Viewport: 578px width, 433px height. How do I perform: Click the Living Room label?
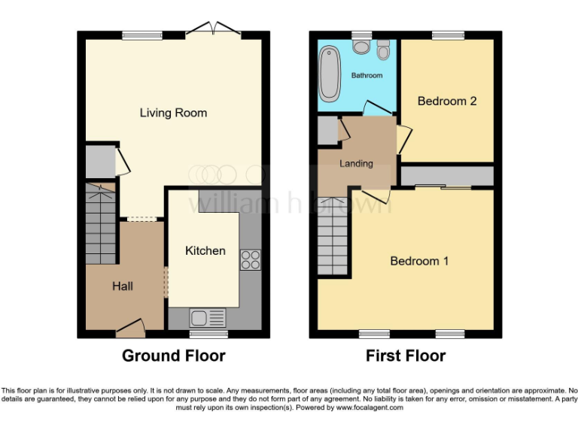click(x=173, y=113)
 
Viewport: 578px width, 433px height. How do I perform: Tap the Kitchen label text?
click(x=205, y=250)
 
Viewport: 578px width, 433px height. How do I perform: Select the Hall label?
click(x=123, y=286)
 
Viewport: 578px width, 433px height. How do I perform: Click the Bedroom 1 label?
click(x=419, y=261)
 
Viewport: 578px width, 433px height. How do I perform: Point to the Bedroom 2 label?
click(x=447, y=101)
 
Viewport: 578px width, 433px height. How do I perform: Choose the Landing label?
click(x=356, y=163)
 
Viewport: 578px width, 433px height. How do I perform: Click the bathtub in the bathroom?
click(x=330, y=74)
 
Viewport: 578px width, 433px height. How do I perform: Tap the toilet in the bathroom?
click(x=383, y=52)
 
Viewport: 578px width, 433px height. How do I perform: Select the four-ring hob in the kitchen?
click(x=250, y=259)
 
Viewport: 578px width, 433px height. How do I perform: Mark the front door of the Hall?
click(x=130, y=326)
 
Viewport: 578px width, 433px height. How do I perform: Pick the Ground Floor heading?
click(x=174, y=356)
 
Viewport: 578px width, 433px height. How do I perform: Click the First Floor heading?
click(x=406, y=356)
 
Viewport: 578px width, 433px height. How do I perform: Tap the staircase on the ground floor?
click(x=100, y=226)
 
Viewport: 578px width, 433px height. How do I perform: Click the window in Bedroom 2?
click(x=447, y=35)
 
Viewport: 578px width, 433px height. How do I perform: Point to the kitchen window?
click(x=208, y=334)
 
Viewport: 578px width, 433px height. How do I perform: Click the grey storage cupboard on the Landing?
click(x=327, y=131)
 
